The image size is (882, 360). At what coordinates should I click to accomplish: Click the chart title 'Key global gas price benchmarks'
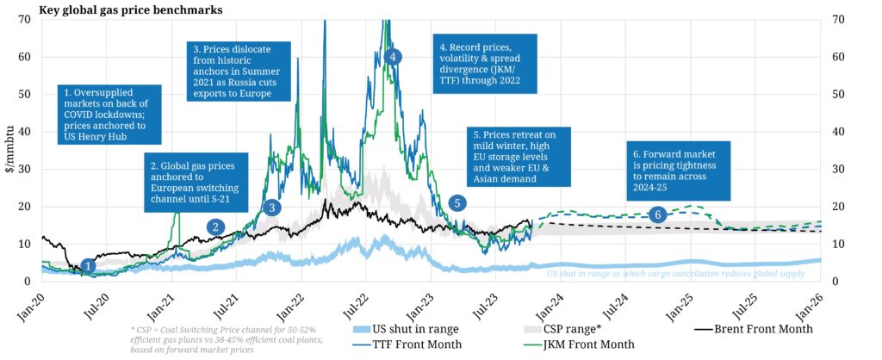131,10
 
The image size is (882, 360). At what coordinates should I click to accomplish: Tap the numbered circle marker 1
88,266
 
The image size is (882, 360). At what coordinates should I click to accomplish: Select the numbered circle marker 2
215,227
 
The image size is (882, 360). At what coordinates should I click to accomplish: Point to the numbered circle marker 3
271,208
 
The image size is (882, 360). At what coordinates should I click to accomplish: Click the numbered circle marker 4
393,56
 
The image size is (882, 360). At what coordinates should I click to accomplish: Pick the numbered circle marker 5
457,203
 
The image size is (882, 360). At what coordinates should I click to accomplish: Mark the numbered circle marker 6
658,214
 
